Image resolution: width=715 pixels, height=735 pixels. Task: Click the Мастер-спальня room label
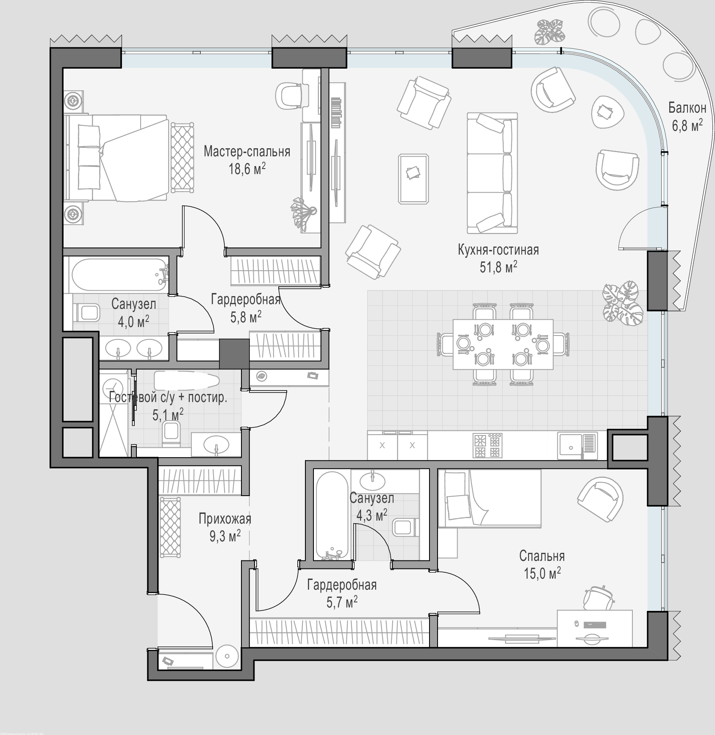point(247,151)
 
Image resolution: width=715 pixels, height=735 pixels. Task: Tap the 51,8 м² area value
point(498,268)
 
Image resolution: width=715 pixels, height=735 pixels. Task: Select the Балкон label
point(687,108)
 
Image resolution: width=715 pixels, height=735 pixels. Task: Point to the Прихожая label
point(225,519)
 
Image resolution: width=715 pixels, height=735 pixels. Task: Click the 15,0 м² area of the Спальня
point(542,574)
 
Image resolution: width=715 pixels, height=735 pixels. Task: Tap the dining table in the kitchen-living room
point(503,344)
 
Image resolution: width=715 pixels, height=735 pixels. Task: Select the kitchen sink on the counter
point(577,446)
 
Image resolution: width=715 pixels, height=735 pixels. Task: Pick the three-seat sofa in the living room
point(492,173)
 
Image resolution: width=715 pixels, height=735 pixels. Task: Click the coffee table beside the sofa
point(413,179)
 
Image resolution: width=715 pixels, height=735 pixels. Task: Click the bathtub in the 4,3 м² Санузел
point(333,516)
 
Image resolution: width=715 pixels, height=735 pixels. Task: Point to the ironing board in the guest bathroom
point(186,380)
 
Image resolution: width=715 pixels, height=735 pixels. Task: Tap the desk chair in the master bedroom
point(289,95)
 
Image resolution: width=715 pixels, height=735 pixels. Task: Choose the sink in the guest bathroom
point(216,445)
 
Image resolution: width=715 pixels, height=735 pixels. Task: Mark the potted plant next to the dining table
point(621,302)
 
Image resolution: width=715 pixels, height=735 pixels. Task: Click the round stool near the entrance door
point(227,657)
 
